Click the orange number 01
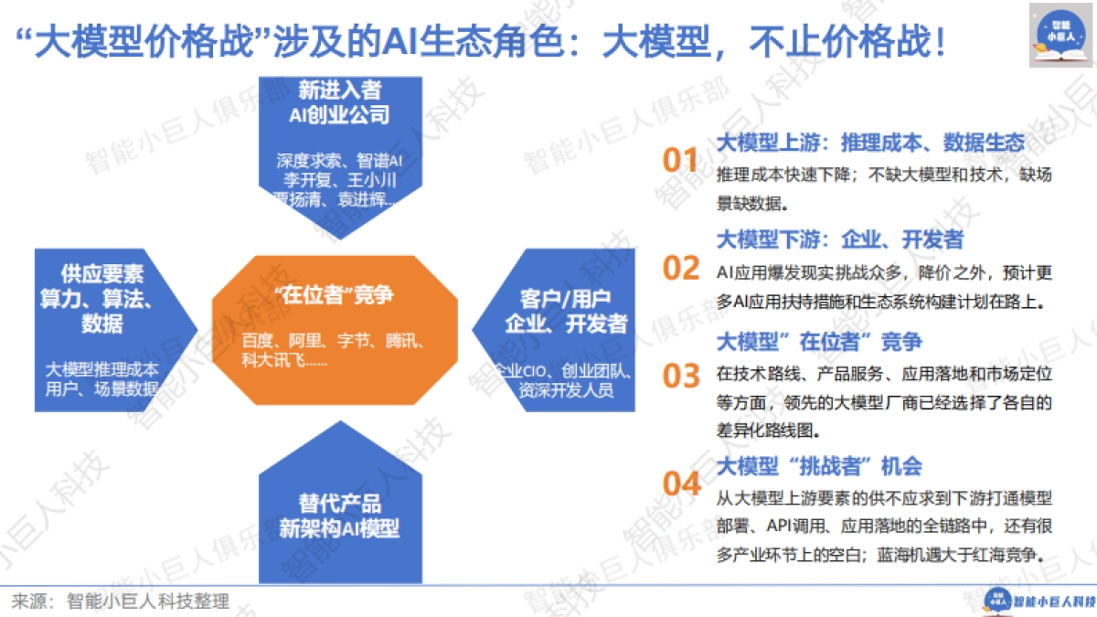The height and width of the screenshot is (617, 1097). [680, 161]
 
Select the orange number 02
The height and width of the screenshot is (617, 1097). [681, 268]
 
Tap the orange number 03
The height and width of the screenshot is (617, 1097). [681, 375]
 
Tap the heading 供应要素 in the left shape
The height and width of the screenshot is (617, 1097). [102, 273]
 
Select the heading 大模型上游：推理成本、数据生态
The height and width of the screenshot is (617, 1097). [869, 144]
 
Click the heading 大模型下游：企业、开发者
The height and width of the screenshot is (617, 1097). [839, 239]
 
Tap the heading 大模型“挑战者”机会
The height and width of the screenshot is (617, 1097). [819, 465]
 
